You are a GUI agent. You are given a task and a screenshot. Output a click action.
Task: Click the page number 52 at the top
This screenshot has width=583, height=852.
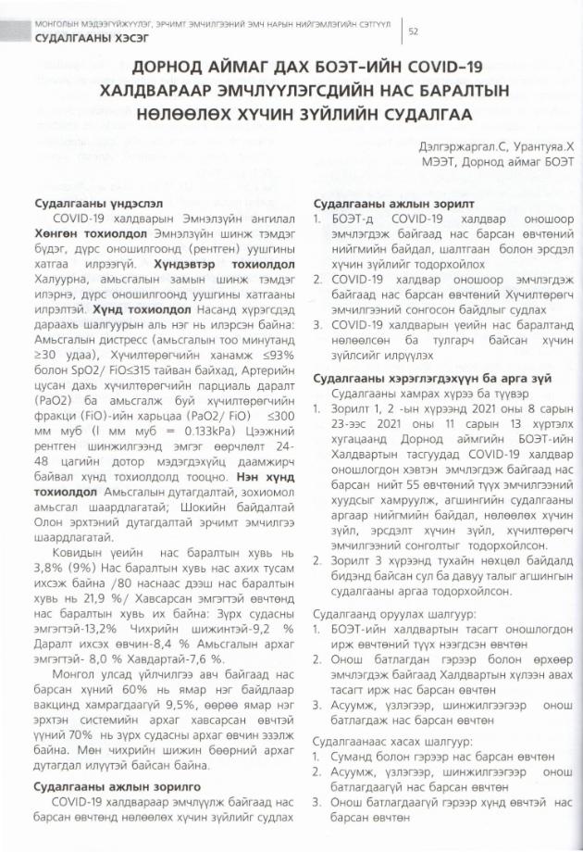tap(414, 31)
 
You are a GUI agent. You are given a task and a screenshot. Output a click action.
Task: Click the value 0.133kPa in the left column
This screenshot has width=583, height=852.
tap(218, 430)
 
